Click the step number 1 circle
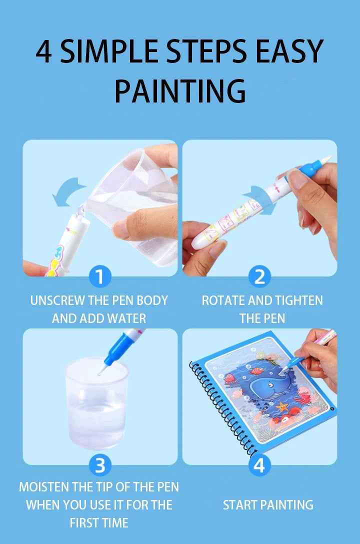[100, 276]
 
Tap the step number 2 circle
[259, 276]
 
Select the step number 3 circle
[100, 465]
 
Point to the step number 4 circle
[259, 465]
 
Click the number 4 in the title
[44, 51]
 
